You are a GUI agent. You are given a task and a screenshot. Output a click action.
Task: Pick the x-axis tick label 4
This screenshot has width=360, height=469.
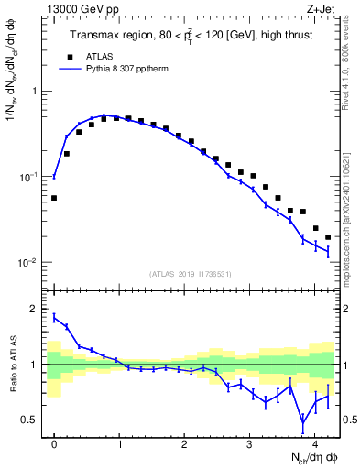(314, 442)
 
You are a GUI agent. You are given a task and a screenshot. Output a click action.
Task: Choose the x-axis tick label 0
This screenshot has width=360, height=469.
(54, 442)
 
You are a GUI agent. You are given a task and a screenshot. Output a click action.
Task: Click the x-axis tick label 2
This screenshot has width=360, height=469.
(184, 442)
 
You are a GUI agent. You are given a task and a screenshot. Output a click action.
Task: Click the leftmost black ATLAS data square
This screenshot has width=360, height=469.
(54, 198)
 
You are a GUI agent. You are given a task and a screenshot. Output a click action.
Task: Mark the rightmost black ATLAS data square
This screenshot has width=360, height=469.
(328, 237)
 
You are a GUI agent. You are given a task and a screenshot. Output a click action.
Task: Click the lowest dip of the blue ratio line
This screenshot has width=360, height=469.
(303, 424)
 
